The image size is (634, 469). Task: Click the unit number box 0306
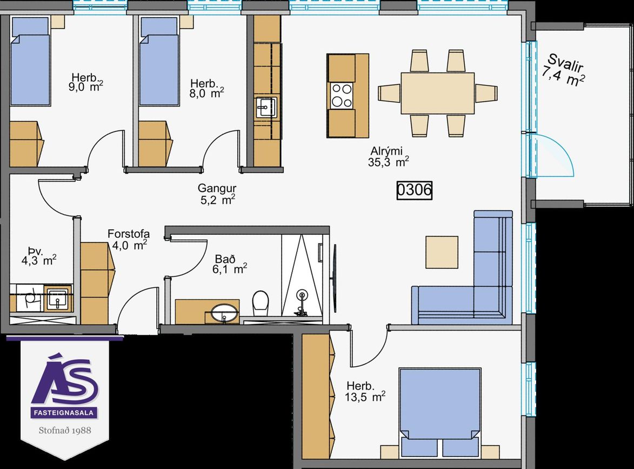pyautogui.click(x=414, y=190)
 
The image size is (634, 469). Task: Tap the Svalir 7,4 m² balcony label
pyautogui.click(x=565, y=71)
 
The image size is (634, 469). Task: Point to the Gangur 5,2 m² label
pyautogui.click(x=217, y=194)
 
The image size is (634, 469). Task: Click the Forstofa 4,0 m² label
pyautogui.click(x=129, y=239)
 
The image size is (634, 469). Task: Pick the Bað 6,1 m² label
pyautogui.click(x=229, y=264)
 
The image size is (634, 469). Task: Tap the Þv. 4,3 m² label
pyautogui.click(x=38, y=255)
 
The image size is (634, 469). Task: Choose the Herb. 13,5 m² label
pyautogui.click(x=365, y=391)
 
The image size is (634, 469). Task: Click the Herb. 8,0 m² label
pyautogui.click(x=206, y=89)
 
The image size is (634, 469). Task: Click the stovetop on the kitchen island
pyautogui.click(x=342, y=96)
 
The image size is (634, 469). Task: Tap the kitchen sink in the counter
pyautogui.click(x=266, y=107)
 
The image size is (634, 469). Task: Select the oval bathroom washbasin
pyautogui.click(x=225, y=314)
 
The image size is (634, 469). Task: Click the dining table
pyautogui.click(x=437, y=93)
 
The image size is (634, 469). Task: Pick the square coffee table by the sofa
pyautogui.click(x=442, y=252)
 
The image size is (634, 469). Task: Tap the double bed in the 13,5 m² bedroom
pyautogui.click(x=440, y=412)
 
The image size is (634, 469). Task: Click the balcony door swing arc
pyautogui.click(x=562, y=154)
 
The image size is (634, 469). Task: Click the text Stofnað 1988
pyautogui.click(x=65, y=430)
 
